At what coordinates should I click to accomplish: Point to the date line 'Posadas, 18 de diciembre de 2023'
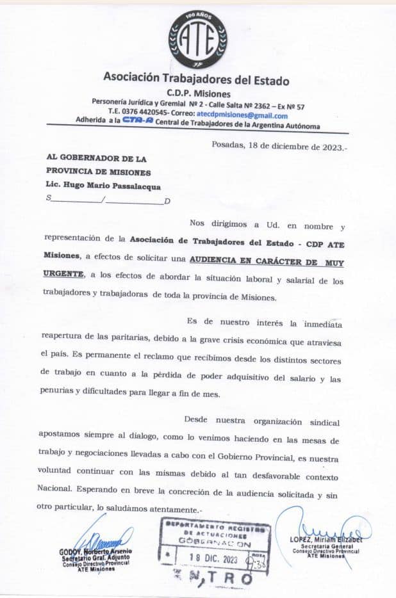[x=279, y=145]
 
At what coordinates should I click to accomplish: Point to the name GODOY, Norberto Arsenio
[x=97, y=551]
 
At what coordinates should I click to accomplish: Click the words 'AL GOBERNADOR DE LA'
[x=97, y=158]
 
